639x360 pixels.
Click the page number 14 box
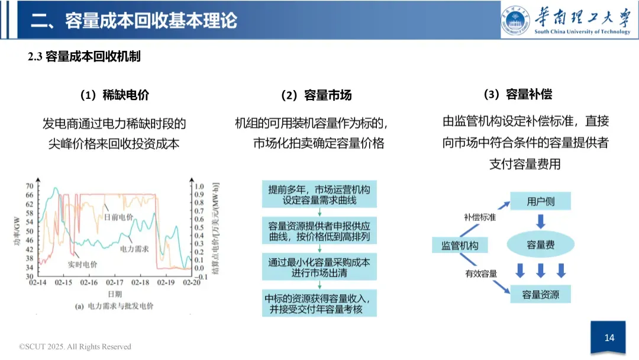click(x=609, y=338)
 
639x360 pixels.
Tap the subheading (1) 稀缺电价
click(x=114, y=95)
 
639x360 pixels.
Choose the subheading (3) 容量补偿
click(x=518, y=94)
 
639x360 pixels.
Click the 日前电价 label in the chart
click(x=118, y=217)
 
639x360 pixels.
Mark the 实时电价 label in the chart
click(x=83, y=264)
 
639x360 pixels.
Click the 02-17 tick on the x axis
click(x=115, y=283)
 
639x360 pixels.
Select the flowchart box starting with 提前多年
click(x=319, y=195)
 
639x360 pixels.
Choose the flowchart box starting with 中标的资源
click(x=319, y=303)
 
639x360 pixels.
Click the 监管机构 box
click(x=460, y=245)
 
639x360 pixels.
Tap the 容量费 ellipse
click(x=540, y=244)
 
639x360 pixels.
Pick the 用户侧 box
click(x=540, y=201)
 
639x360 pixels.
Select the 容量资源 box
click(x=540, y=293)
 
